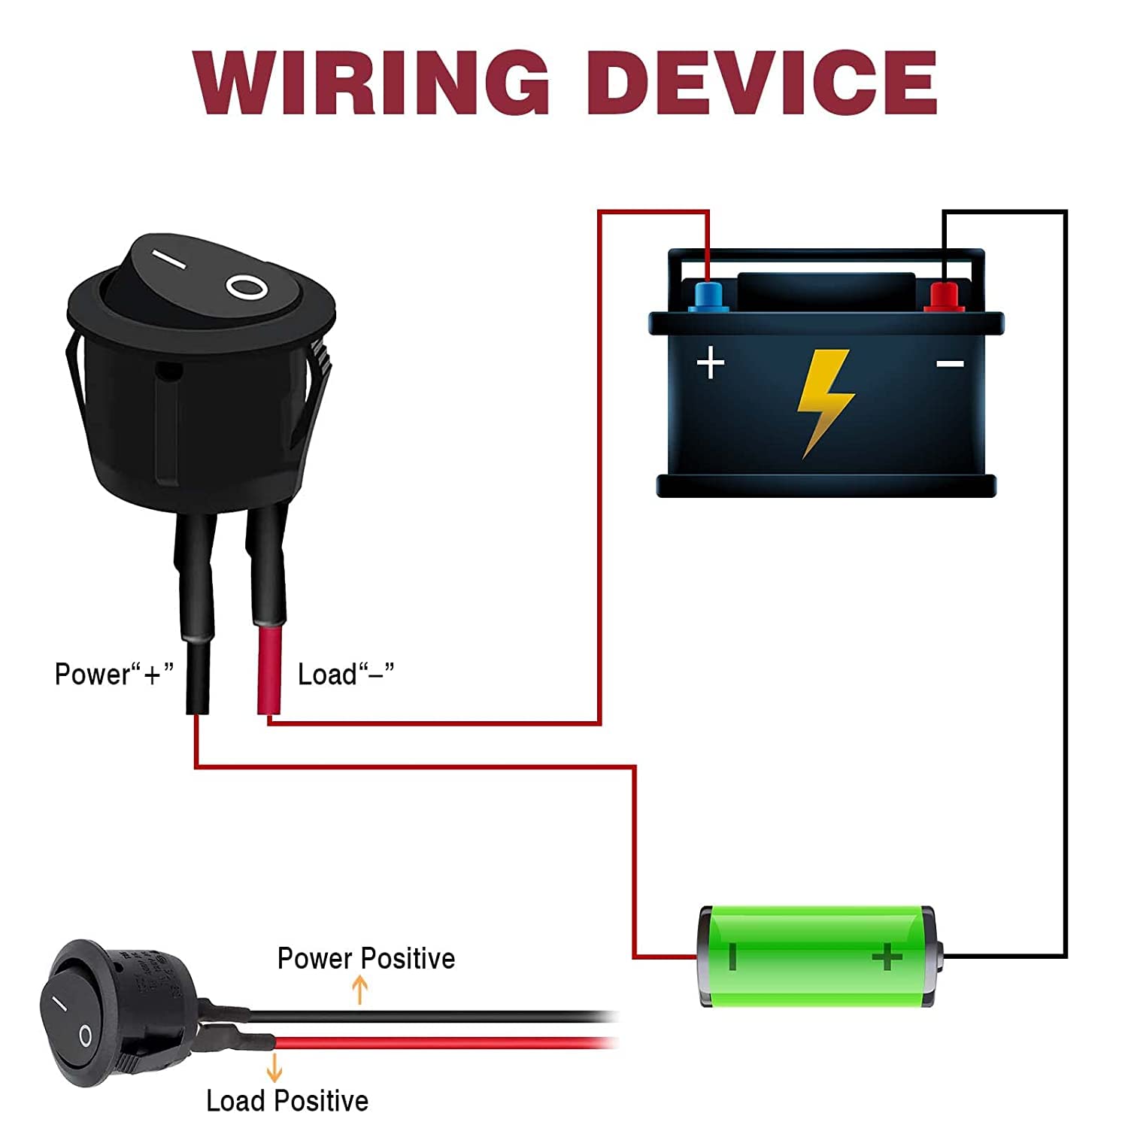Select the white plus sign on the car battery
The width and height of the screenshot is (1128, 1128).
pyautogui.click(x=711, y=363)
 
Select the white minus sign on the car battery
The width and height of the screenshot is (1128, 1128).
pyautogui.click(x=951, y=365)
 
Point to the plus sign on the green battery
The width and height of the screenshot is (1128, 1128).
pyautogui.click(x=887, y=957)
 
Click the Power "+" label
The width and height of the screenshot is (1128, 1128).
pyautogui.click(x=114, y=674)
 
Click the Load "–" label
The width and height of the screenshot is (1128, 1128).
pyautogui.click(x=346, y=674)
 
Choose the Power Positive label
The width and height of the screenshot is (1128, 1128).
pyautogui.click(x=366, y=959)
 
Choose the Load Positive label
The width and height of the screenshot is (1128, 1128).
pyautogui.click(x=287, y=1101)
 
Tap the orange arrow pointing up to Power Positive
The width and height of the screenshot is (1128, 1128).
pyautogui.click(x=360, y=990)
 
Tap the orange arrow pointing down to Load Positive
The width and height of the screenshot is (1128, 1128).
pyautogui.click(x=274, y=1068)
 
